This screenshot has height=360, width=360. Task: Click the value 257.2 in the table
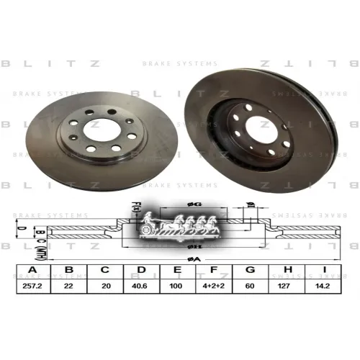(31, 286)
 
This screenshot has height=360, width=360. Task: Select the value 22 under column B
(68, 286)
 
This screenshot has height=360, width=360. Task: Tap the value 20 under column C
(105, 286)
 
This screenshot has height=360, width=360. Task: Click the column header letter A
(31, 271)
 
